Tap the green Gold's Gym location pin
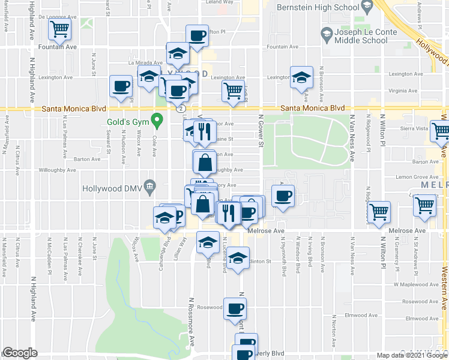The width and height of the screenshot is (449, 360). pyautogui.click(x=157, y=121)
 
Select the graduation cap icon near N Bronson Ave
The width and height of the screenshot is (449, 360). pyautogui.click(x=301, y=77)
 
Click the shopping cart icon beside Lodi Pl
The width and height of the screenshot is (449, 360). pyautogui.click(x=232, y=91)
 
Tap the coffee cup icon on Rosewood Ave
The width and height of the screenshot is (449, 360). pyautogui.click(x=235, y=309)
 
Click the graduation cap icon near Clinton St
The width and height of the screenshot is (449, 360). pyautogui.click(x=238, y=259)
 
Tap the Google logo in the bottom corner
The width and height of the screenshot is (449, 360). pyautogui.click(x=20, y=353)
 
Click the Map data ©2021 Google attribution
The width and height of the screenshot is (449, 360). pyautogui.click(x=412, y=355)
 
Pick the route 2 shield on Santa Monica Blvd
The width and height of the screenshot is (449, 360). pyautogui.click(x=181, y=109)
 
